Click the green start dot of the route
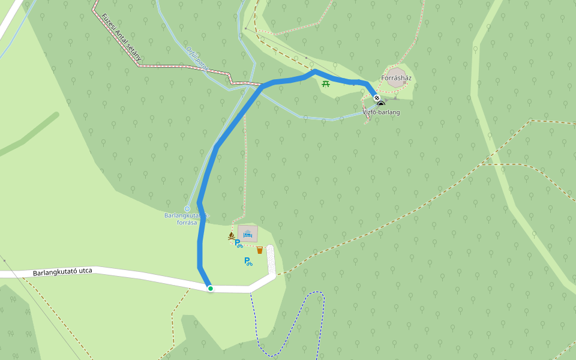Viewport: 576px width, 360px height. tap(211, 289)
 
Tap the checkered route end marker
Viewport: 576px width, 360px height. tap(376, 98)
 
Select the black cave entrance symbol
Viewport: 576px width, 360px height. tap(380, 104)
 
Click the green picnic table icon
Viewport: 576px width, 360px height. tap(326, 84)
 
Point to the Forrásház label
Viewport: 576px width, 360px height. tap(396, 78)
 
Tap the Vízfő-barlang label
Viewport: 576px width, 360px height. tap(381, 112)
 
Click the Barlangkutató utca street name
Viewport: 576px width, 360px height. tap(62, 272)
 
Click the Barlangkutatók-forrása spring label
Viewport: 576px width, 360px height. tap(186, 219)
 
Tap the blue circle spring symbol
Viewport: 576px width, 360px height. tap(187, 209)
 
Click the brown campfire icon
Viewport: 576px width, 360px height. tap(231, 236)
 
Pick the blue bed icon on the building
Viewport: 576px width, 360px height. tap(247, 233)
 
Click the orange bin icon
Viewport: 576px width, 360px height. tap(259, 250)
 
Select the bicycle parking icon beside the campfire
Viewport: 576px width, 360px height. tap(238, 243)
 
